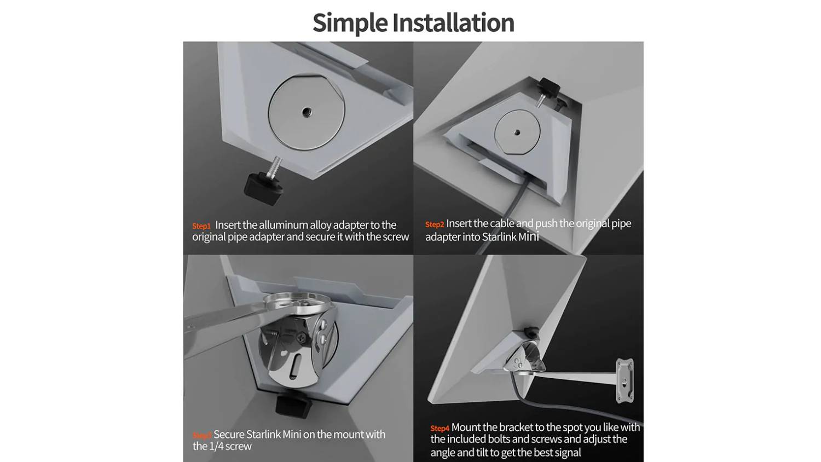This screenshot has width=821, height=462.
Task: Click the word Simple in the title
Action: pyautogui.click(x=350, y=23)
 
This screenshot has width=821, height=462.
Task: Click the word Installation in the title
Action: pyautogui.click(x=453, y=22)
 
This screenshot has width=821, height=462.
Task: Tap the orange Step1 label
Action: pyautogui.click(x=201, y=226)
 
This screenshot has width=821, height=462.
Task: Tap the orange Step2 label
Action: pyautogui.click(x=435, y=224)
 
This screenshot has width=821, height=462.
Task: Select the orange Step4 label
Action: pyautogui.click(x=440, y=428)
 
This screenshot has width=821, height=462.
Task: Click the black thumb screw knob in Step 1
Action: pyautogui.click(x=263, y=188)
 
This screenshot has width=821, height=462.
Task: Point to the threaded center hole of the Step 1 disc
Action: pyautogui.click(x=307, y=112)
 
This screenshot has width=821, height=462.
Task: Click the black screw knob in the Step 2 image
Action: pyautogui.click(x=548, y=88)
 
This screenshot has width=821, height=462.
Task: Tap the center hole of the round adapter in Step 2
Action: pyautogui.click(x=517, y=132)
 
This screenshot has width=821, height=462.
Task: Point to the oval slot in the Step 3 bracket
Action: pyautogui.click(x=294, y=367)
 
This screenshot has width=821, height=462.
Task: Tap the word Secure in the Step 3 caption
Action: pyautogui.click(x=229, y=435)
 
